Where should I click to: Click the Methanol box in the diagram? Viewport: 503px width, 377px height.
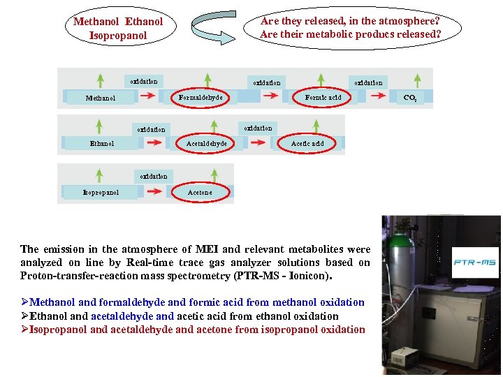pyautogui.click(x=101, y=98)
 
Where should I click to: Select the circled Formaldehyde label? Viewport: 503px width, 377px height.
pyautogui.click(x=201, y=98)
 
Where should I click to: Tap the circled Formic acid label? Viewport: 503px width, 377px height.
pyautogui.click(x=323, y=98)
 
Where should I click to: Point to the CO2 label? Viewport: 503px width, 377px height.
pyautogui.click(x=411, y=98)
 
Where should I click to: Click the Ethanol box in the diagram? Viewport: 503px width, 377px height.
pyautogui.click(x=102, y=143)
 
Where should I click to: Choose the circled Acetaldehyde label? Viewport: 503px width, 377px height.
pyautogui.click(x=206, y=143)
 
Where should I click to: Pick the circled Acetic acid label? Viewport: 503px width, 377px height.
pyautogui.click(x=307, y=143)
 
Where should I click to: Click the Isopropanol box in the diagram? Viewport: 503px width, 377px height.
pyautogui.click(x=101, y=192)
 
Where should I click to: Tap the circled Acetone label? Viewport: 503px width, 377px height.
pyautogui.click(x=201, y=192)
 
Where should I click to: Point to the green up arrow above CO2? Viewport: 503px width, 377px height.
pyautogui.click(x=417, y=80)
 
